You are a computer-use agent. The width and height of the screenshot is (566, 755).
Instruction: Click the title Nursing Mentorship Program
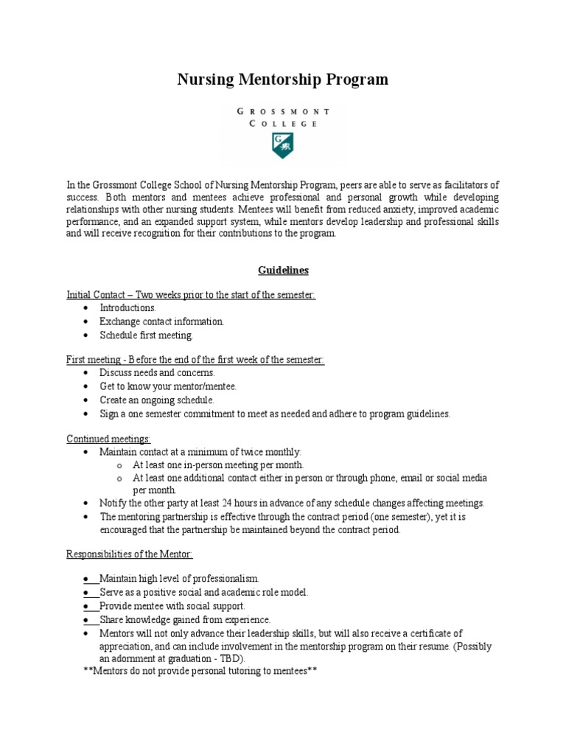pyautogui.click(x=282, y=80)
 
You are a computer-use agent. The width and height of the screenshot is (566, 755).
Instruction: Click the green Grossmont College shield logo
pyautogui.click(x=282, y=145)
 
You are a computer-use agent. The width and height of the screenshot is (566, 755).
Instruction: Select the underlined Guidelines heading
pyautogui.click(x=283, y=271)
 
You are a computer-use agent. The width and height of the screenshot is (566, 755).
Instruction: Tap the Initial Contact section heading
pyautogui.click(x=191, y=295)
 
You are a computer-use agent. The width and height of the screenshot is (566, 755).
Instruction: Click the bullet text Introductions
pyautogui.click(x=128, y=307)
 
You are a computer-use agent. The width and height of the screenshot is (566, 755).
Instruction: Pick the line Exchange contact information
pyautogui.click(x=162, y=321)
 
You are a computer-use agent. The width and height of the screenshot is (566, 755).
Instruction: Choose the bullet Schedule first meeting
pyautogui.click(x=147, y=335)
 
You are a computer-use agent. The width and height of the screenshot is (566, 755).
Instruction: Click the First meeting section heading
pyautogui.click(x=195, y=359)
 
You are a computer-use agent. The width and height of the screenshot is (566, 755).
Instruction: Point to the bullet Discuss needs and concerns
pyautogui.click(x=158, y=372)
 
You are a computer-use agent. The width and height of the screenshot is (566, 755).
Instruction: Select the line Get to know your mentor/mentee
pyautogui.click(x=168, y=386)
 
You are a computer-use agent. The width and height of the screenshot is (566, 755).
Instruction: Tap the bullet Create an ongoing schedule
pyautogui.click(x=157, y=400)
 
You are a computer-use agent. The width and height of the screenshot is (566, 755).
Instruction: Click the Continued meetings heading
pyautogui.click(x=108, y=439)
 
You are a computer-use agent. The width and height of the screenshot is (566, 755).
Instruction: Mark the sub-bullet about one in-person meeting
pyautogui.click(x=218, y=465)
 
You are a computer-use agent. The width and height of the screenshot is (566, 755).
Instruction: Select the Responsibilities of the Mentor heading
pyautogui.click(x=130, y=554)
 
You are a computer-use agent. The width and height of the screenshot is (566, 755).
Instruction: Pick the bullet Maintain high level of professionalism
pyautogui.click(x=179, y=578)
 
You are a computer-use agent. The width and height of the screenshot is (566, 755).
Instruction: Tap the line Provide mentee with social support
pyautogui.click(x=172, y=605)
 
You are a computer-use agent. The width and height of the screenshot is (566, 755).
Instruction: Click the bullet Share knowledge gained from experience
pyautogui.click(x=185, y=619)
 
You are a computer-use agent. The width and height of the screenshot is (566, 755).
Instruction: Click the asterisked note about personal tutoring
pyautogui.click(x=200, y=672)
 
